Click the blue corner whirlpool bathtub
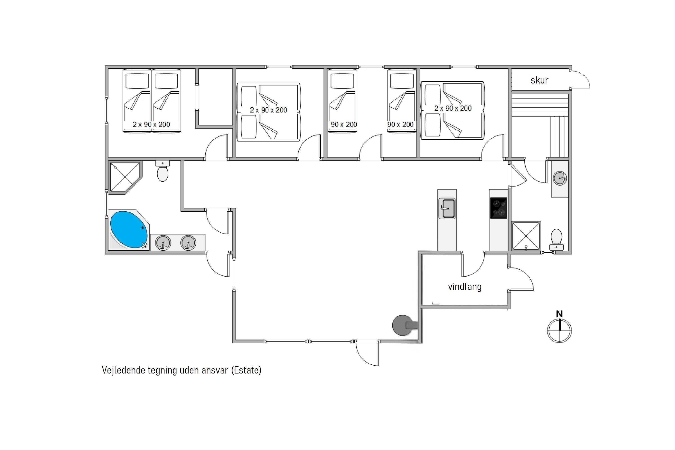[129, 229]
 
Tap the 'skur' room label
[539, 80]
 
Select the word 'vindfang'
[465, 286]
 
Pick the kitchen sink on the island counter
[447, 208]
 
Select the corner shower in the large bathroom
[125, 177]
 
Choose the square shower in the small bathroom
[526, 236]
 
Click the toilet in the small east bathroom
[556, 240]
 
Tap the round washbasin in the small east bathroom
[560, 178]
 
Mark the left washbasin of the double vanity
[163, 243]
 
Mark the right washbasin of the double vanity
[188, 243]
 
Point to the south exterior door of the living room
[367, 353]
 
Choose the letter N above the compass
[559, 314]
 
